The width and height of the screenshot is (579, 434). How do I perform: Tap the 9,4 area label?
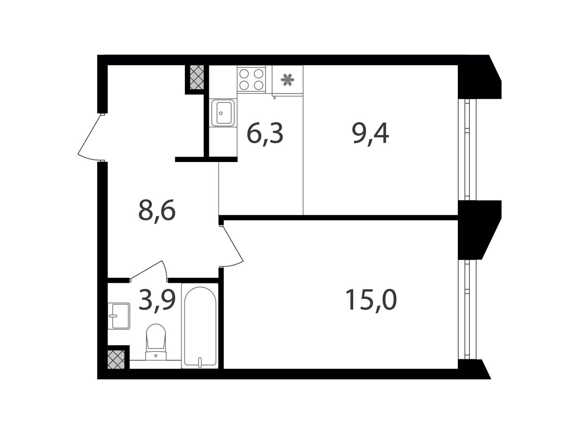pyautogui.click(x=370, y=134)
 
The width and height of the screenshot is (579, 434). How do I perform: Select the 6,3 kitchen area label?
pyautogui.click(x=265, y=134)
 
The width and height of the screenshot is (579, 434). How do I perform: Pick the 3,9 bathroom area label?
pyautogui.click(x=157, y=300)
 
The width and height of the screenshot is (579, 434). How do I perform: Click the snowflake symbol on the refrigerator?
pyautogui.click(x=287, y=80)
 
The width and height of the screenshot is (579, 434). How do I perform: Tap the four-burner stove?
pyautogui.click(x=251, y=79)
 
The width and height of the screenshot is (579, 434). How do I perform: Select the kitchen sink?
pyautogui.click(x=223, y=113)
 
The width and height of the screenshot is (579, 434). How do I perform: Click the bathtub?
pyautogui.click(x=200, y=326)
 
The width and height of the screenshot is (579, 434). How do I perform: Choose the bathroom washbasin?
pyautogui.click(x=119, y=316)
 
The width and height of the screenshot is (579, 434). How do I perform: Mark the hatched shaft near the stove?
pyautogui.click(x=197, y=77)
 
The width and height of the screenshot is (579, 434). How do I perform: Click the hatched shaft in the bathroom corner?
pyautogui.click(x=116, y=359)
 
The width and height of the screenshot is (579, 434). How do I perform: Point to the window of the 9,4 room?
pyautogui.click(x=467, y=149)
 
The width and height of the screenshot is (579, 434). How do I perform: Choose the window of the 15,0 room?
pyautogui.click(x=467, y=310)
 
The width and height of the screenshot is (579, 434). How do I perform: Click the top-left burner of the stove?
pyautogui.click(x=244, y=74)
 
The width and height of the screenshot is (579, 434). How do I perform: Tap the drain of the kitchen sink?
pyautogui.click(x=221, y=113)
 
